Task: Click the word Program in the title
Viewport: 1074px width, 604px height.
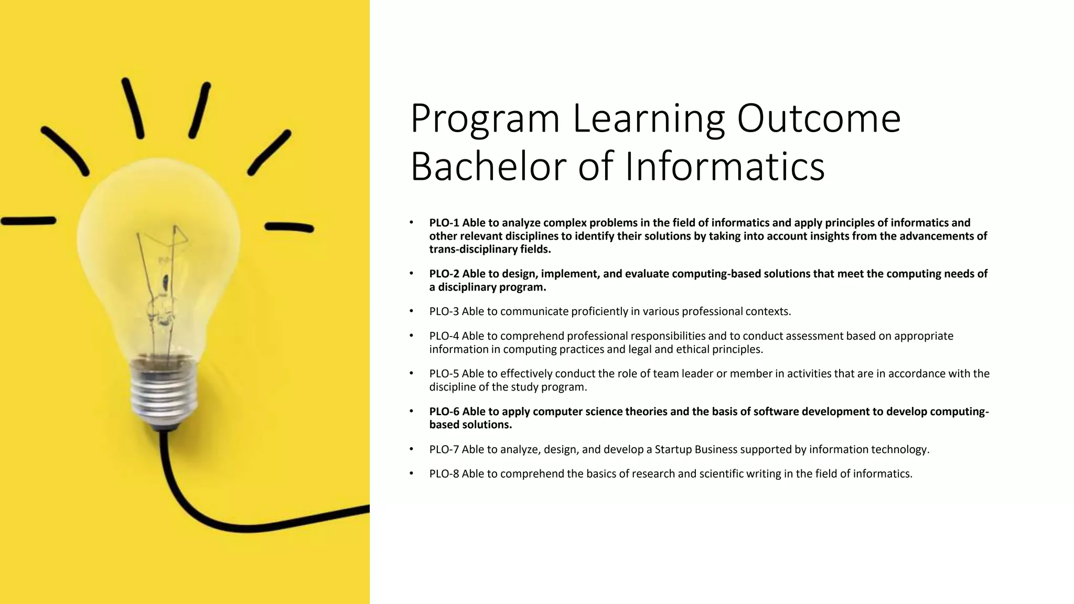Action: click(486, 118)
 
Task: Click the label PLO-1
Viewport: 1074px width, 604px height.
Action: click(444, 223)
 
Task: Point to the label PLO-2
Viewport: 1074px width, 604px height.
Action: click(444, 274)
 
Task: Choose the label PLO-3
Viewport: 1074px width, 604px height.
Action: click(444, 311)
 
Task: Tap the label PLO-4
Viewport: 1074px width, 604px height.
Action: click(444, 336)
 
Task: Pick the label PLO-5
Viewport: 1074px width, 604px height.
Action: click(444, 374)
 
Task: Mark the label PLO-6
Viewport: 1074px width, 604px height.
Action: click(444, 412)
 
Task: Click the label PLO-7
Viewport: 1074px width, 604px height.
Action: click(444, 449)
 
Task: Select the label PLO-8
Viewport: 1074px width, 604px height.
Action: click(444, 474)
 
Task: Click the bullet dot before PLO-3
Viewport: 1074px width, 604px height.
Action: click(412, 311)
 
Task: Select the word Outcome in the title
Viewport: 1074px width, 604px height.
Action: click(819, 118)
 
